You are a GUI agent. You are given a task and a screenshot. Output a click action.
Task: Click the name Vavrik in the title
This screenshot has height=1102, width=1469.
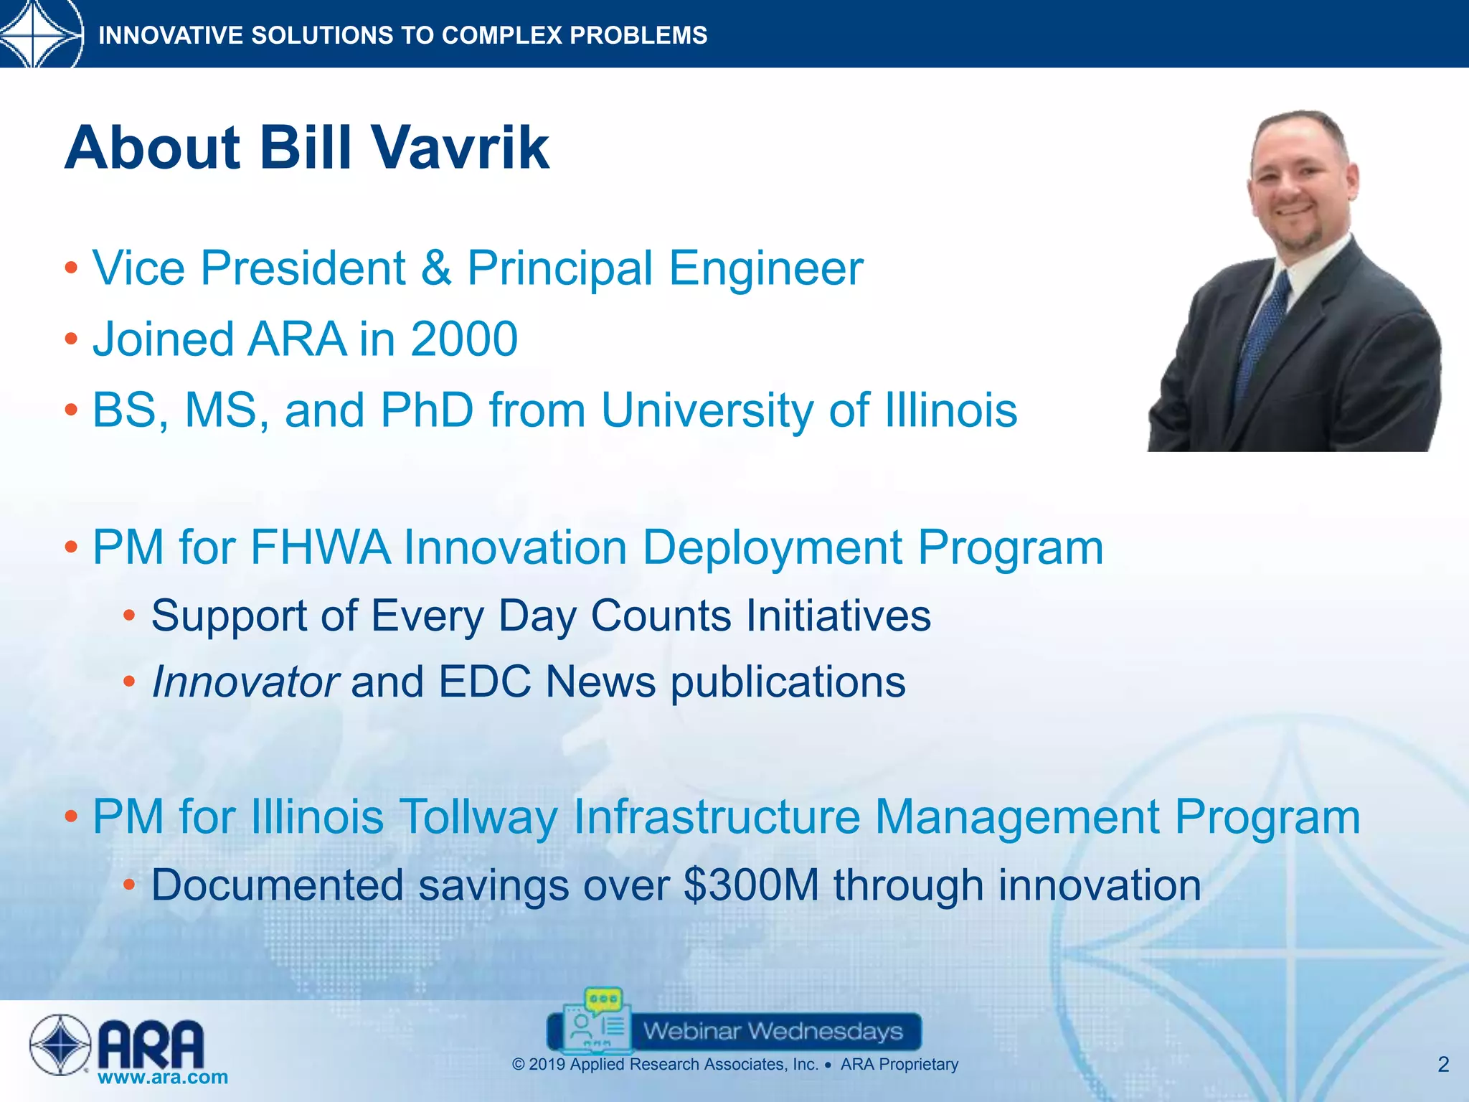click(460, 148)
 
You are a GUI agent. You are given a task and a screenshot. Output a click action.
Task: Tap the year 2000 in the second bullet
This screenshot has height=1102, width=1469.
click(464, 339)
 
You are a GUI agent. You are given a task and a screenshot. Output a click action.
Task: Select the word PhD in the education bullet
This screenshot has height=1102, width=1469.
click(427, 410)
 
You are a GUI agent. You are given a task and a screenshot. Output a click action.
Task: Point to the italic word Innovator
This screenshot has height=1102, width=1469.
click(245, 682)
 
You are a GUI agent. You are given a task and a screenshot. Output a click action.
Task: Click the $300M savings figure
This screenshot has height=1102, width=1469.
click(751, 885)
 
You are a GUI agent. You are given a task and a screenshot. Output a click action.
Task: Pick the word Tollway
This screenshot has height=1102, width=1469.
click(478, 817)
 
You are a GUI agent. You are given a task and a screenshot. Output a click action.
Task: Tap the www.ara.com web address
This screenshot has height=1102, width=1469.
click(163, 1077)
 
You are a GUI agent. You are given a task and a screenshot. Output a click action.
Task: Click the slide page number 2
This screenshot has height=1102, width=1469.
click(1443, 1065)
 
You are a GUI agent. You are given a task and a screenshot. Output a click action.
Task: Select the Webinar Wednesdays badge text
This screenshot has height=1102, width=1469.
click(773, 1032)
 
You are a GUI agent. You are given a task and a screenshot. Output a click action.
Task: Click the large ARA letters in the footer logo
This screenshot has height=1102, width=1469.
click(151, 1045)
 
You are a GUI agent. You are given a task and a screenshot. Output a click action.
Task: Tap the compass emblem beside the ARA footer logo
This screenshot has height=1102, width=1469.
click(60, 1045)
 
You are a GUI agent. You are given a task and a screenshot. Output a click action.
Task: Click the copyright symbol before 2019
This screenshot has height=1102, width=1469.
click(519, 1065)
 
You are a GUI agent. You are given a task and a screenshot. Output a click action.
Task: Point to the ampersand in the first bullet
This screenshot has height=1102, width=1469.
click(437, 268)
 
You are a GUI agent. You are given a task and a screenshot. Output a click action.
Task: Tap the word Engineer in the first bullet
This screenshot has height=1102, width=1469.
click(765, 268)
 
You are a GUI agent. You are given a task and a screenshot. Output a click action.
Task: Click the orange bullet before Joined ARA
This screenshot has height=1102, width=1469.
click(70, 339)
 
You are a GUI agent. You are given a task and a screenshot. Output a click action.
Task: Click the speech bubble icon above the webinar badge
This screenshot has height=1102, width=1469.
click(603, 998)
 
